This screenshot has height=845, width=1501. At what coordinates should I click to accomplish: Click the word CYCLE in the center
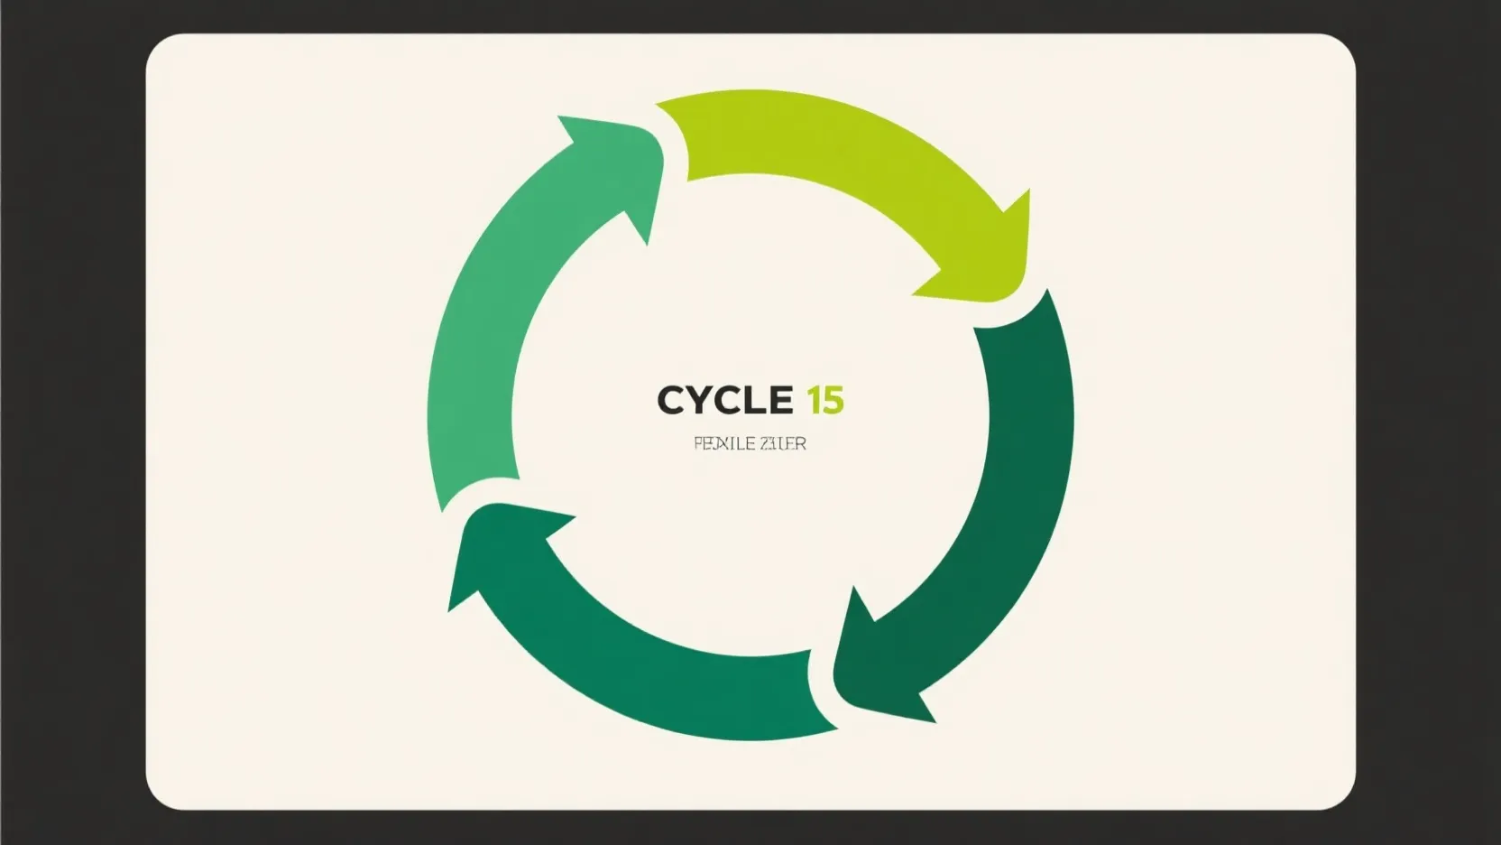point(724,400)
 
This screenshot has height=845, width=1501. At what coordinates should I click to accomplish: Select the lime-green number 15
point(825,400)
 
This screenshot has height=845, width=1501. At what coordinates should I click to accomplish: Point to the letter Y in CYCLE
point(699,400)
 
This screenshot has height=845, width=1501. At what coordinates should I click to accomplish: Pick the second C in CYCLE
point(727,400)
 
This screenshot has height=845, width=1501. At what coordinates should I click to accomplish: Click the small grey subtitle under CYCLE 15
point(750,444)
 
